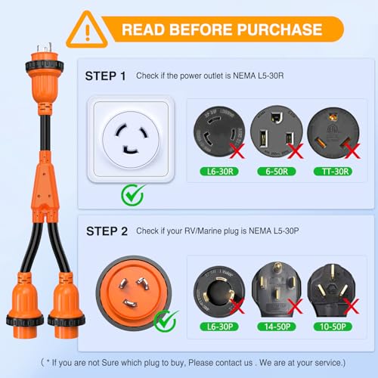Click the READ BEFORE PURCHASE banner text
222,29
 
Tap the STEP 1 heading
105,76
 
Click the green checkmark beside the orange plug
165,320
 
